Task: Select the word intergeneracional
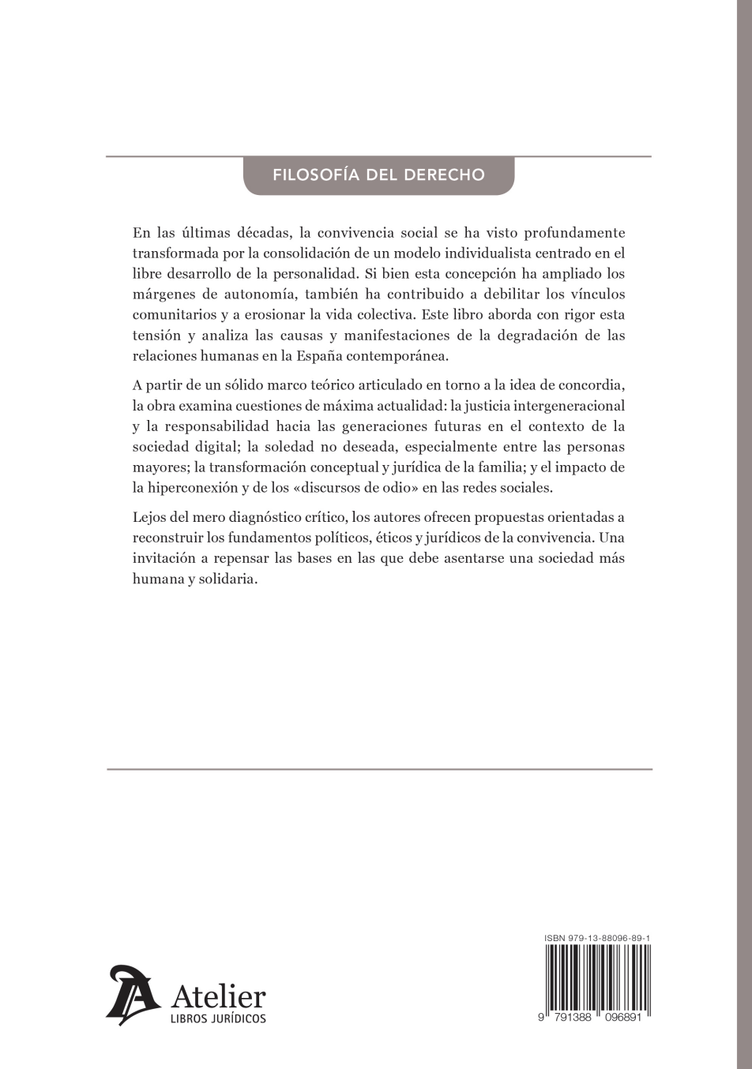pyautogui.click(x=569, y=406)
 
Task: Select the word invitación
pyautogui.click(x=164, y=558)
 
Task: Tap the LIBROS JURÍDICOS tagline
pyautogui.click(x=219, y=1018)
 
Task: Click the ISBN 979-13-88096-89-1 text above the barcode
pyautogui.click(x=597, y=938)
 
